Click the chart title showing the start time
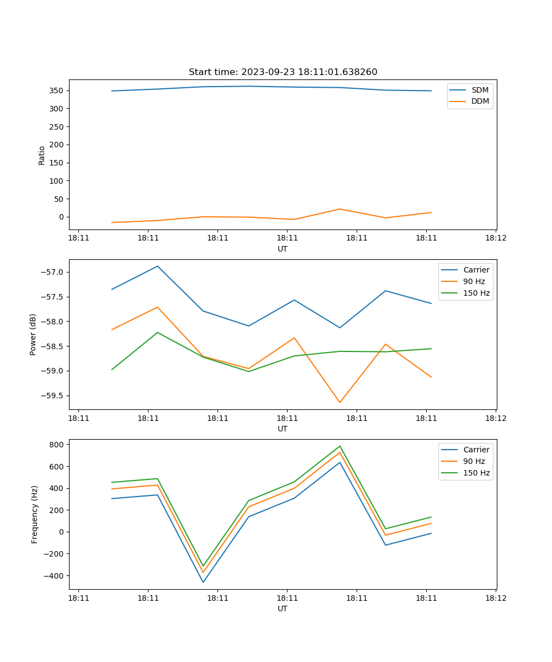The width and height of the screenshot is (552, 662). [x=283, y=72]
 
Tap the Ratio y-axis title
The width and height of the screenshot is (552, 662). [x=41, y=156]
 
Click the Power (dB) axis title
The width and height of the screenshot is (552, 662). [x=33, y=334]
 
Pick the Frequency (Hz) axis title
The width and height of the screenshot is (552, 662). [x=34, y=514]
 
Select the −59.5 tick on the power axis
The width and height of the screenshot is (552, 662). [x=52, y=396]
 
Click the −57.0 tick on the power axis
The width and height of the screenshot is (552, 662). [x=52, y=272]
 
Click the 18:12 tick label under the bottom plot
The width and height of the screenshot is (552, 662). [x=495, y=597]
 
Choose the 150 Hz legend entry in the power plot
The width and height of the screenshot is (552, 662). [x=476, y=293]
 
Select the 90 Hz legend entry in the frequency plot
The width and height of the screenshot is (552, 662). [x=474, y=461]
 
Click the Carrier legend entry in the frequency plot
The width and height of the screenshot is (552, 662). [x=476, y=450]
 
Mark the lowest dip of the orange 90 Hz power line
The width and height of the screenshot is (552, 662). [x=339, y=402]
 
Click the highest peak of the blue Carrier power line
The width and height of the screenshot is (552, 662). [x=157, y=266]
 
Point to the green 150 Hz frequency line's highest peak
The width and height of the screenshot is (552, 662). [x=339, y=446]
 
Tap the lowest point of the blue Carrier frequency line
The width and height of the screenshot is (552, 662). [x=203, y=582]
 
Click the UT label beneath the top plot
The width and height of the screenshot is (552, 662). [x=283, y=249]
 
